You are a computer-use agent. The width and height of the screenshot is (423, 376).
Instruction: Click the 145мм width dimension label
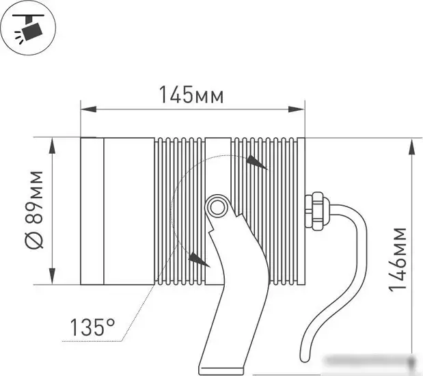191,95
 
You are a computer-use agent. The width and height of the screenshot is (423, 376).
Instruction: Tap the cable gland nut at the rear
315,212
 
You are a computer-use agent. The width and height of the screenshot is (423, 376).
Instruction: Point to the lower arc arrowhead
199,259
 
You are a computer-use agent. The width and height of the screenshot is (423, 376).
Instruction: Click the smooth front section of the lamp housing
128,211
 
